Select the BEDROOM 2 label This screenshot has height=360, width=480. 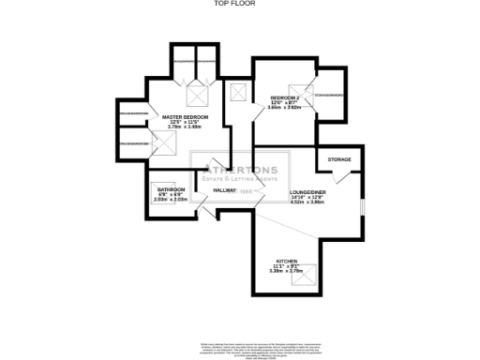click(x=285, y=97)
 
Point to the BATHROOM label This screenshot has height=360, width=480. click(x=170, y=189)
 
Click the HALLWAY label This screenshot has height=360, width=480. click(x=224, y=190)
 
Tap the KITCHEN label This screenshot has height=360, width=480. click(x=287, y=261)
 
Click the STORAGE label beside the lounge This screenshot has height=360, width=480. click(x=339, y=160)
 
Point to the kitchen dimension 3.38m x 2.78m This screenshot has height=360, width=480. click(x=287, y=272)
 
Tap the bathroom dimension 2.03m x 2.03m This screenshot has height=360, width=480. click(x=170, y=200)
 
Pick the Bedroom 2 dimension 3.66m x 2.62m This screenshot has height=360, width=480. click(x=285, y=108)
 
